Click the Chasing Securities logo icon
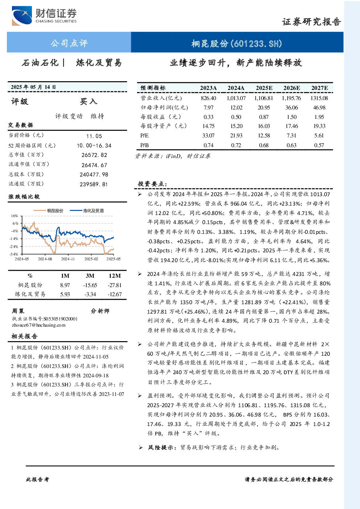(22, 16)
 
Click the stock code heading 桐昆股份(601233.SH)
(237, 43)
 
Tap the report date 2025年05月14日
(33, 87)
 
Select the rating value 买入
(88, 102)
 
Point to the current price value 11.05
(94, 136)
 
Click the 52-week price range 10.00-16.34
(94, 146)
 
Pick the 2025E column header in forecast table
(264, 88)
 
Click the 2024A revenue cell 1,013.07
(236, 98)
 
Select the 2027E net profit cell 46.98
(319, 107)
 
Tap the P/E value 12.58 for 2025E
(264, 136)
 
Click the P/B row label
(145, 145)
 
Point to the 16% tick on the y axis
(15, 216)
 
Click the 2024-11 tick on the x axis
(68, 259)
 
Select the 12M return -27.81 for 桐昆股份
(115, 285)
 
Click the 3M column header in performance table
(90, 276)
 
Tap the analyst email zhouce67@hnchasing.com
(39, 325)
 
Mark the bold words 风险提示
(161, 447)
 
